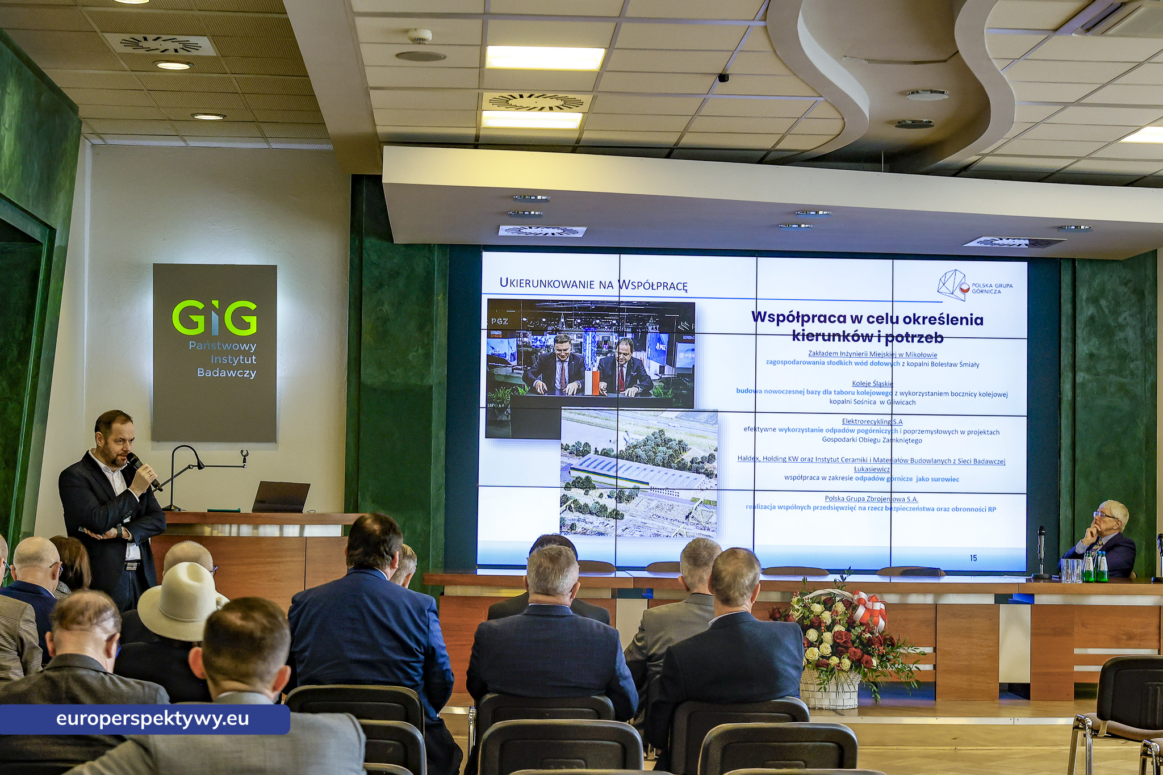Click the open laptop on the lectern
[x=281, y=497]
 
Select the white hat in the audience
[x=181, y=601]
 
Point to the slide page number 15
[x=973, y=558]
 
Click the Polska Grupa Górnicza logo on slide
[x=974, y=286]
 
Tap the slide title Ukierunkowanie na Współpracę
[x=593, y=284]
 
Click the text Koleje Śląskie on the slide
[x=873, y=384]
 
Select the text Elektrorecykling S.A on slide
[x=872, y=421]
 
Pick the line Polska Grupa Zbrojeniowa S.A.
[x=871, y=499]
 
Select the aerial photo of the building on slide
[x=639, y=473]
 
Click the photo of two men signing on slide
[x=591, y=354]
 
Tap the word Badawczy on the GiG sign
[x=227, y=373]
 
